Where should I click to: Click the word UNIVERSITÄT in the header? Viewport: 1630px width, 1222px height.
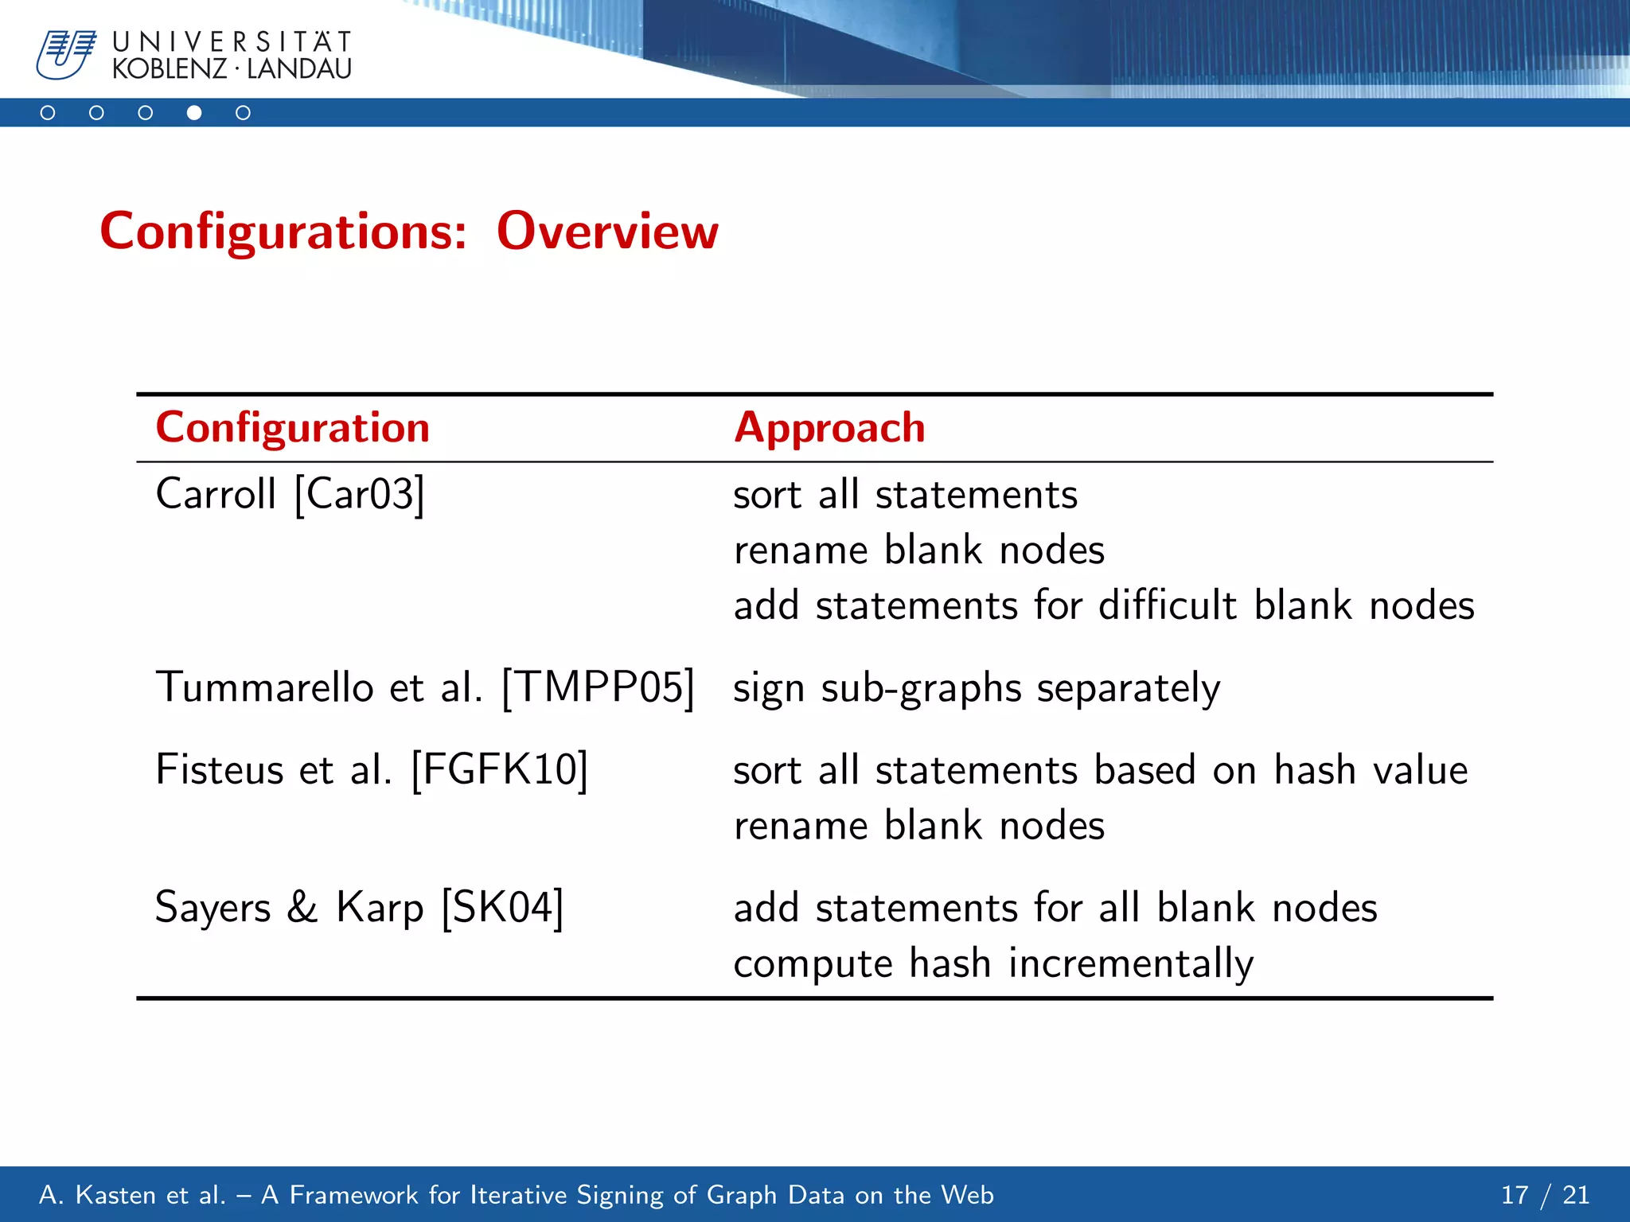click(232, 41)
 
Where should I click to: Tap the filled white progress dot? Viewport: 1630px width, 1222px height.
click(194, 113)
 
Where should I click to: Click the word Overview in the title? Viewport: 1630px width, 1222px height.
click(607, 232)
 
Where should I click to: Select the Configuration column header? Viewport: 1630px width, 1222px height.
click(292, 427)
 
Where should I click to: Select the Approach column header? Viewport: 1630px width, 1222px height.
click(829, 427)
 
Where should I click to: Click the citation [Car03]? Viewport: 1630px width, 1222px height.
click(360, 494)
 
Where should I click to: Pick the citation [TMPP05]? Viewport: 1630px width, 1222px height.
click(599, 687)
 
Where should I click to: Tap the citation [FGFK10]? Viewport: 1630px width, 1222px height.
click(499, 769)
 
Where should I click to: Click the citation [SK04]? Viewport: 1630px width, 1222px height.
click(502, 907)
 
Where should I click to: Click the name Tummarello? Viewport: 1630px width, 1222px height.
click(264, 687)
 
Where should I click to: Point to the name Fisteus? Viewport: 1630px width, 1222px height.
click(220, 769)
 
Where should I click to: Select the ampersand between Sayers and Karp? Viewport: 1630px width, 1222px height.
click(302, 907)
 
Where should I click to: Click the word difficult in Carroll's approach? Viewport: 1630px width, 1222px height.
click(1167, 605)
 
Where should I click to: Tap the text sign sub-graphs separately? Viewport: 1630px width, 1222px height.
click(976, 688)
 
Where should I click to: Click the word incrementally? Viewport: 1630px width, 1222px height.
click(1131, 963)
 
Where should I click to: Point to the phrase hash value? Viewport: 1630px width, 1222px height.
click(1371, 769)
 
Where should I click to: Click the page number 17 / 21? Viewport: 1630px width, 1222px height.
click(1545, 1194)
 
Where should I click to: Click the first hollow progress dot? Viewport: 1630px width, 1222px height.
click(48, 113)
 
